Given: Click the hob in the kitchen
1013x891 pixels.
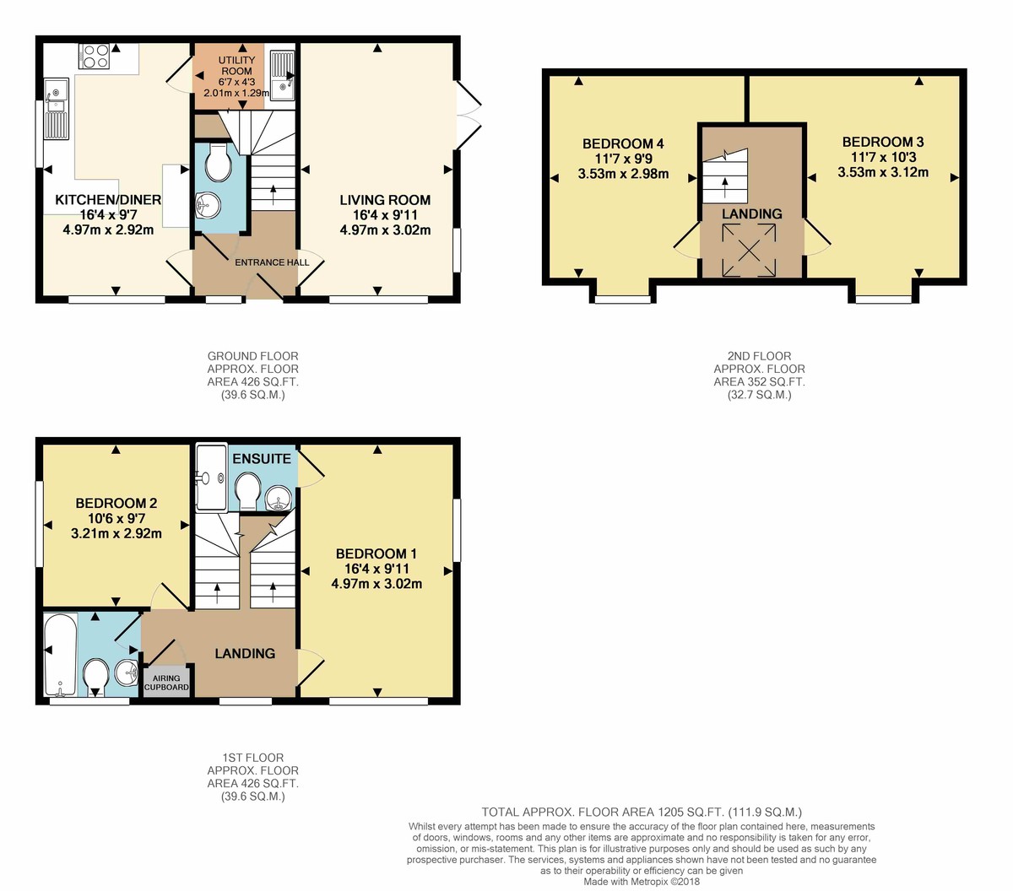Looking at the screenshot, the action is click(95, 56).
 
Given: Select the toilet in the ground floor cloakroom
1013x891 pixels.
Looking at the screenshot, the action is click(218, 161).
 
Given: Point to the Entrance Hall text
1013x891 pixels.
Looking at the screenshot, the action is click(272, 262).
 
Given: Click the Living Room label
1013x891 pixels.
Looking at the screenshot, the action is click(385, 200).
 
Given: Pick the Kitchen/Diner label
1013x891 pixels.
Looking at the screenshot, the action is click(108, 200).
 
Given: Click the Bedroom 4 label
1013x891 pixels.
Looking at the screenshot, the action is click(623, 144).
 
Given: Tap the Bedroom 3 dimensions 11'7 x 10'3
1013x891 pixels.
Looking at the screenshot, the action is click(884, 158).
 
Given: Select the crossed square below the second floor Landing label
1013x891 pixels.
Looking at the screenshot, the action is click(749, 250).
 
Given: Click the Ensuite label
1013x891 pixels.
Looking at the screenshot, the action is click(262, 459).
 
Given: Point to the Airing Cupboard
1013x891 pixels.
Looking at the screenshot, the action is click(166, 682).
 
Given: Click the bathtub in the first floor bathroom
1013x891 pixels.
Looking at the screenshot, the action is click(61, 655).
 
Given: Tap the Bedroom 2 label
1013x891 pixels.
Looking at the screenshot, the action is click(116, 503).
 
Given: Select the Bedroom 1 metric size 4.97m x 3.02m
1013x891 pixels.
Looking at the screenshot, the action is click(376, 584).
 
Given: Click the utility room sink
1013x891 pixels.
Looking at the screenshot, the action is click(283, 75).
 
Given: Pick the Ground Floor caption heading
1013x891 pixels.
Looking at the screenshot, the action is click(253, 356).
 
